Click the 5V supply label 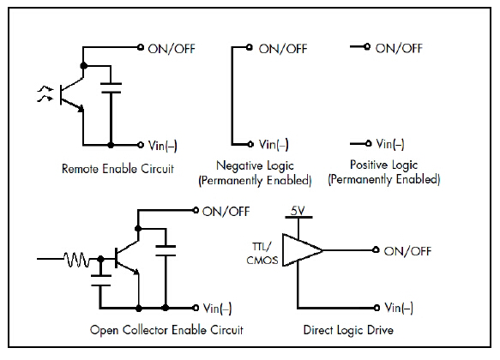298,211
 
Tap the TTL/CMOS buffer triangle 302,250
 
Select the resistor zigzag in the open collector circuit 77,260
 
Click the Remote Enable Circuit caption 117,169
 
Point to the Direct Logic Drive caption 348,330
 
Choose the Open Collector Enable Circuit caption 166,330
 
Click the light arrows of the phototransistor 45,93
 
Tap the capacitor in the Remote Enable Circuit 111,88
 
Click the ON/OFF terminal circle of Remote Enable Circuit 141,47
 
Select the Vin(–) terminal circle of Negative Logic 250,144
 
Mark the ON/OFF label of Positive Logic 399,48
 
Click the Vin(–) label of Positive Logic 390,144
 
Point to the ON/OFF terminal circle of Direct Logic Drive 376,249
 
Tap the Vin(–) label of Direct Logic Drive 399,308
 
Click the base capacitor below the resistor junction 100,280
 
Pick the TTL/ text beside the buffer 262,247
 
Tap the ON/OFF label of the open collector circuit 226,212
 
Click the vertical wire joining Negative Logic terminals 232,96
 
